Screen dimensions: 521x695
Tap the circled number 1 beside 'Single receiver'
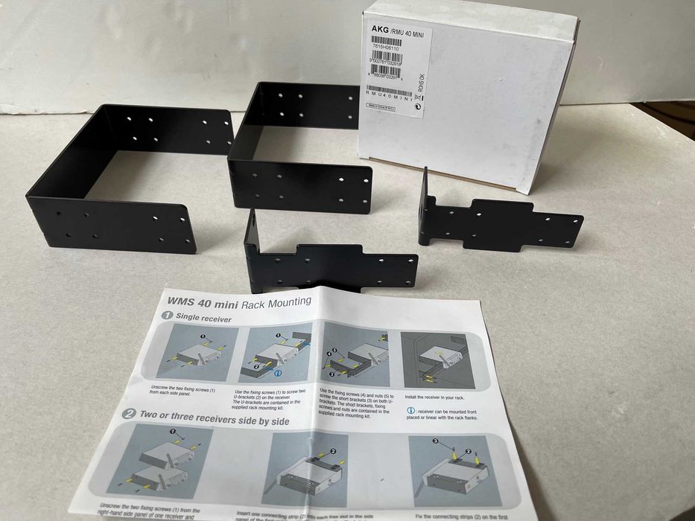[x=167, y=317]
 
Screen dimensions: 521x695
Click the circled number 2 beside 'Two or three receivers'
[x=129, y=415]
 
